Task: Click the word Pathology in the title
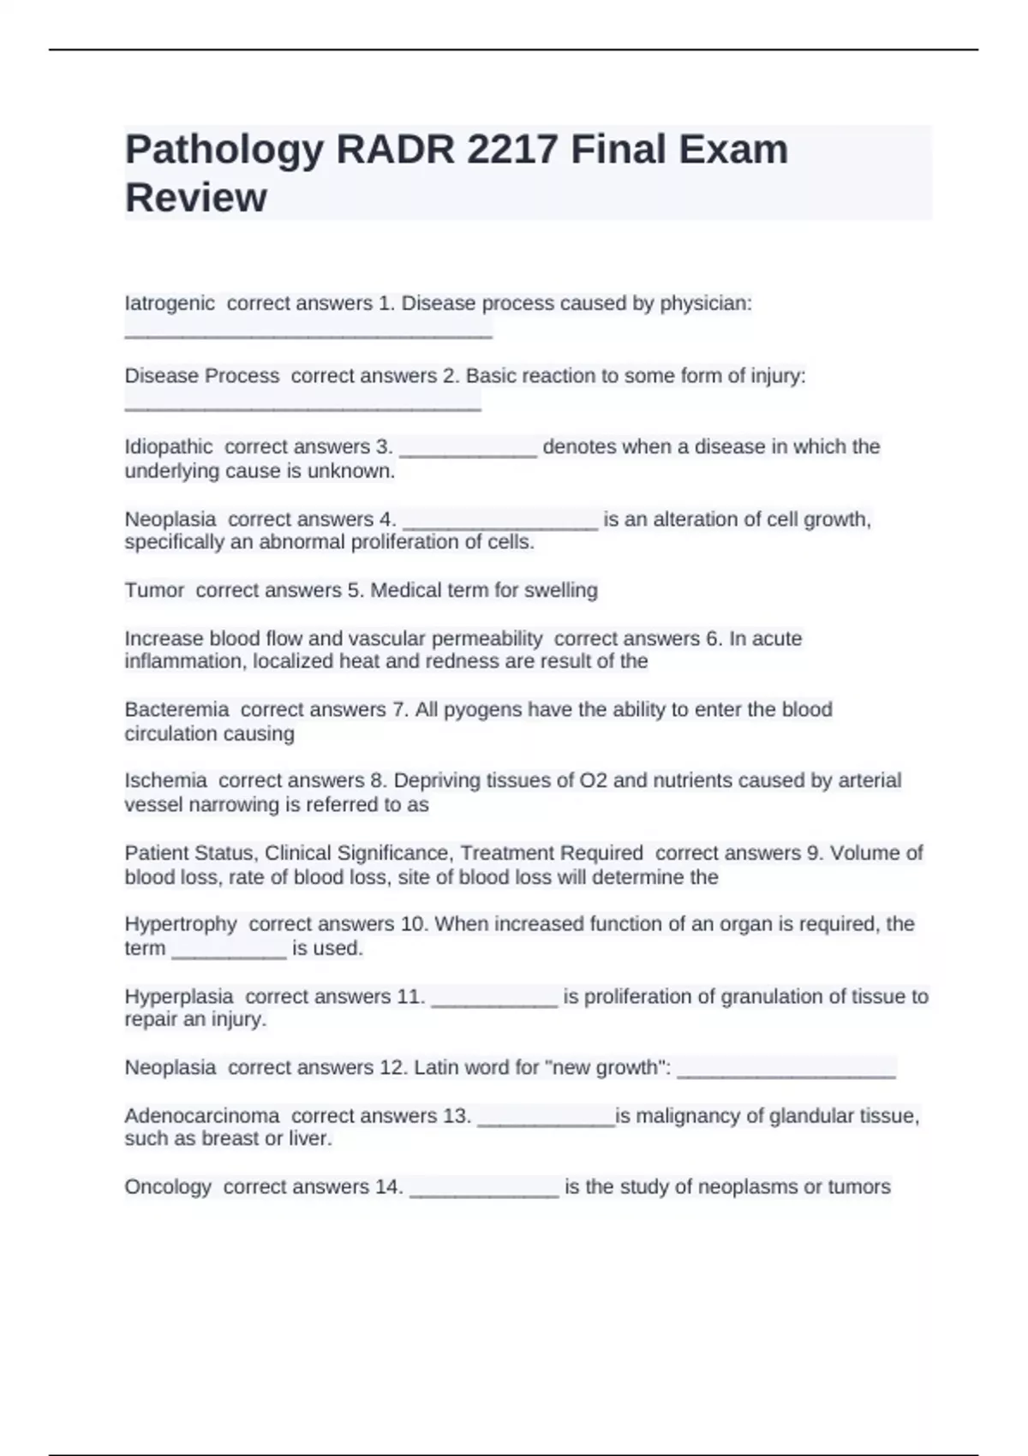coord(224,151)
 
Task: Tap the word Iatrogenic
coord(170,303)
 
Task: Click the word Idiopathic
coord(169,447)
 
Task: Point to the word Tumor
coord(154,590)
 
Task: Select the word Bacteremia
coord(176,709)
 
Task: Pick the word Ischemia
coord(165,780)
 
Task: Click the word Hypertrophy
coord(181,924)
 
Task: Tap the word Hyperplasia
coord(179,996)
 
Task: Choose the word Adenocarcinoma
coord(202,1116)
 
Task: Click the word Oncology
coord(168,1187)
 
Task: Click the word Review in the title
coord(196,198)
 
